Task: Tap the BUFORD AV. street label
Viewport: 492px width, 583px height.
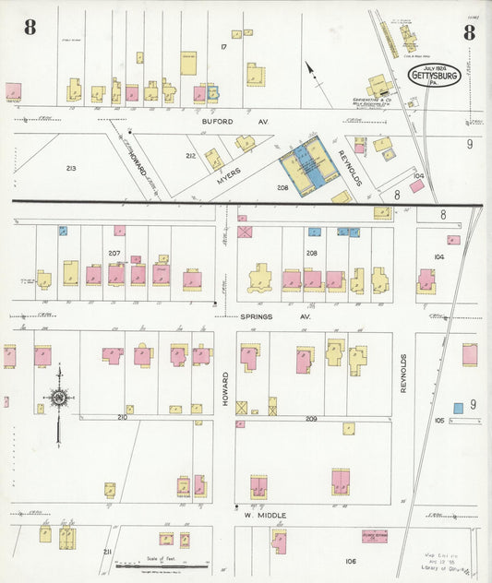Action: point(226,120)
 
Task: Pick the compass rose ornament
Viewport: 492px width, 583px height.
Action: point(58,399)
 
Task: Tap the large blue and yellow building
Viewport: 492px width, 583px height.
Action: point(309,166)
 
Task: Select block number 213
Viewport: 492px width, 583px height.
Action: point(70,169)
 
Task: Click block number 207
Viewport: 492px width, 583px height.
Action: point(114,252)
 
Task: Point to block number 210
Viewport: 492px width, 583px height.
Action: point(122,417)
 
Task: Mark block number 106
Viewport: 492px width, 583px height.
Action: point(350,561)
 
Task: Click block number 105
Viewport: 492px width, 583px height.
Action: point(439,420)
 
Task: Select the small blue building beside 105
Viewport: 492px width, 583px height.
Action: point(458,407)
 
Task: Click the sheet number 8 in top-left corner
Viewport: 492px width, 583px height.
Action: point(30,28)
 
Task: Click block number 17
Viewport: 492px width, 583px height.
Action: point(223,46)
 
